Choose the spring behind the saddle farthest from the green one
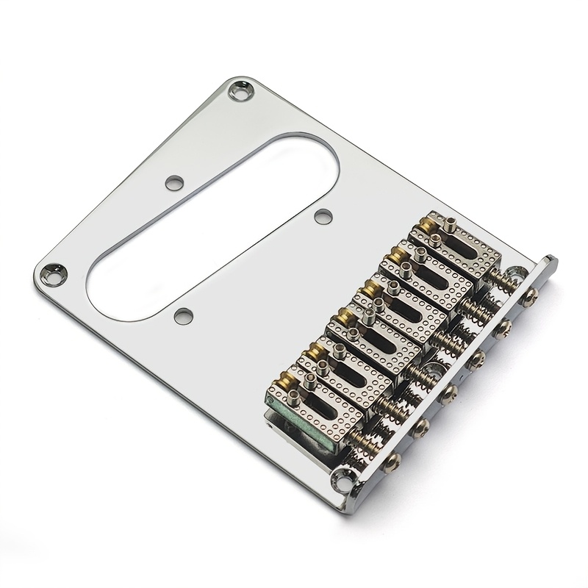507,282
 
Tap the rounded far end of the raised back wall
550,262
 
